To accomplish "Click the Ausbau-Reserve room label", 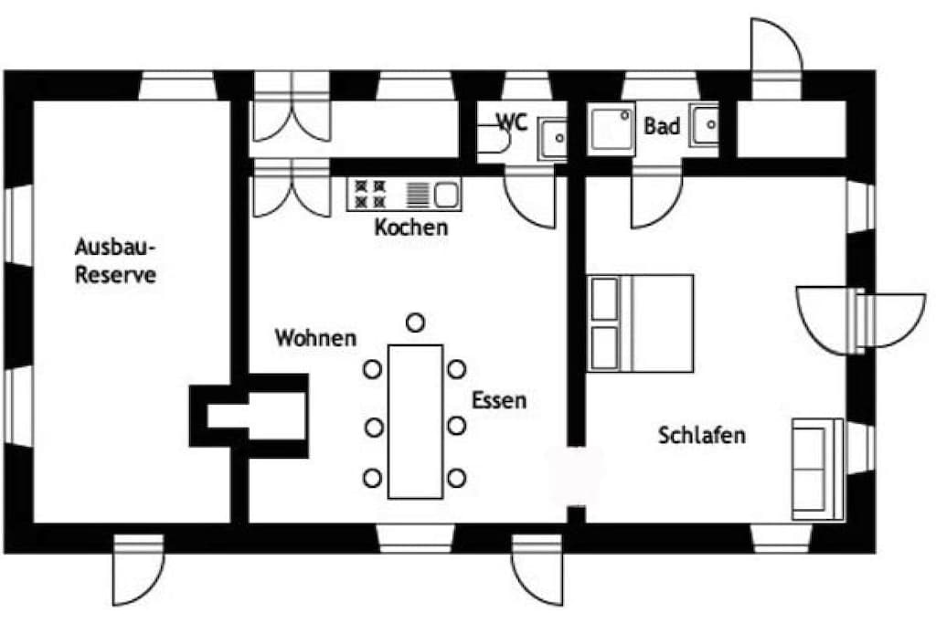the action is pyautogui.click(x=115, y=261).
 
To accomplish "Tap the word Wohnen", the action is pyautogui.click(x=315, y=338).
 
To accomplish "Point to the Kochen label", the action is pyautogui.click(x=411, y=227).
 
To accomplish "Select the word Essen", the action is pyautogui.click(x=499, y=399).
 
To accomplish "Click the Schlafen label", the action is pyautogui.click(x=702, y=435).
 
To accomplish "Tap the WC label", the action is pyautogui.click(x=513, y=122).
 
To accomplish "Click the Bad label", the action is pyautogui.click(x=662, y=126).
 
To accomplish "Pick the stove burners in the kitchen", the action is pyautogui.click(x=370, y=195).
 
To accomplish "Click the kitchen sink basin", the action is pyautogui.click(x=446, y=195).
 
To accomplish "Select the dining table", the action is pyautogui.click(x=416, y=421).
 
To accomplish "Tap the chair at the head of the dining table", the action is pyautogui.click(x=416, y=323).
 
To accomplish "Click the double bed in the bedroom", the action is pyautogui.click(x=641, y=323).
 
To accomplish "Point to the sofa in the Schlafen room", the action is pyautogui.click(x=817, y=469).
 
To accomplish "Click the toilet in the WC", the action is pyautogui.click(x=495, y=139).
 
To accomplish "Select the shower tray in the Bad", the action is pyautogui.click(x=611, y=130).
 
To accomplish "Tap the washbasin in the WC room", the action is pyautogui.click(x=552, y=138).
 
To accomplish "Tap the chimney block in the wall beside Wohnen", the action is pyautogui.click(x=249, y=416).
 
